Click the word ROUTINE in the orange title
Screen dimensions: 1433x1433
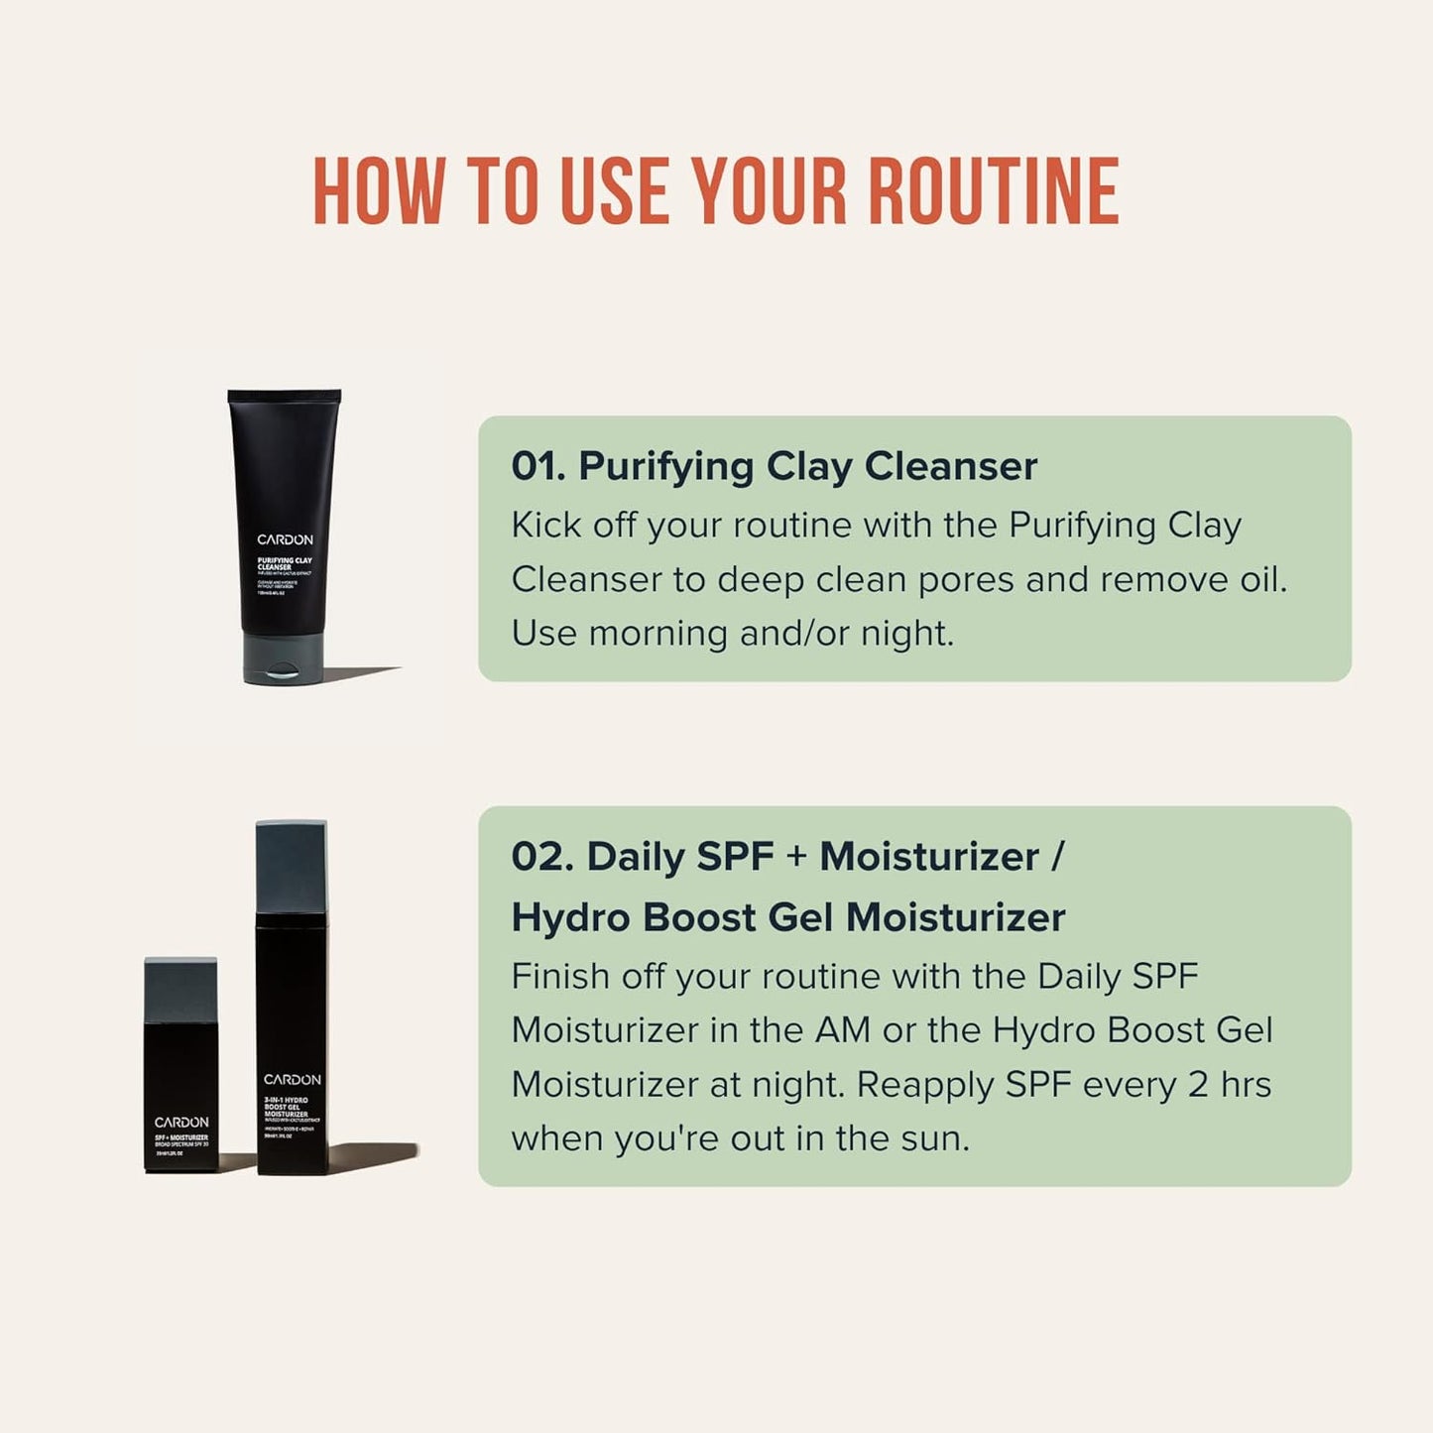(994, 191)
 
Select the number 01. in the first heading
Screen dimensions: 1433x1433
(538, 466)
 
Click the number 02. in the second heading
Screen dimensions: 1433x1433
(542, 857)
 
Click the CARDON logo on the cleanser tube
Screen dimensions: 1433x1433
(285, 539)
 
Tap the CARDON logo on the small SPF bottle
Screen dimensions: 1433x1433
(181, 1122)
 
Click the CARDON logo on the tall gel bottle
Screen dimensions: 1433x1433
(292, 1079)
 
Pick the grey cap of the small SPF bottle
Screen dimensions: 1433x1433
(180, 991)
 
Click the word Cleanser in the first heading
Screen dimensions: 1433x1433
(950, 466)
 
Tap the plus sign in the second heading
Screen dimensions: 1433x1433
(796, 857)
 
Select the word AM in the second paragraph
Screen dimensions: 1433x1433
(842, 1030)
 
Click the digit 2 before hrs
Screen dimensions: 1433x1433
(1198, 1084)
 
